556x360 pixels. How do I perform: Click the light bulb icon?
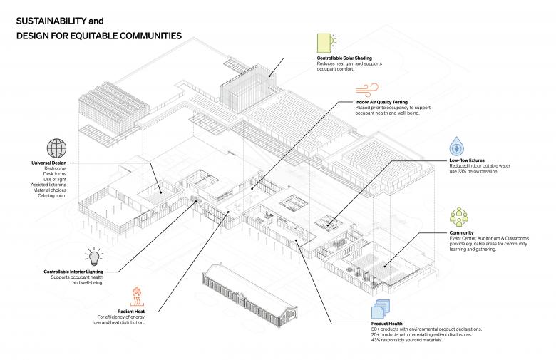coord(93,257)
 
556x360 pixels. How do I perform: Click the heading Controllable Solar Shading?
coord(344,58)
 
